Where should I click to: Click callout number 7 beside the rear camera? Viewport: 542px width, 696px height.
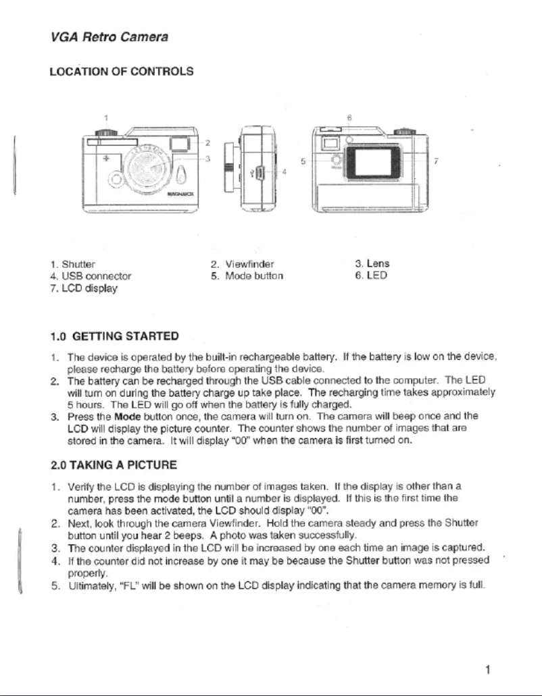click(437, 163)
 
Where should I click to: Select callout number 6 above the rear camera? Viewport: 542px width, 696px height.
click(349, 117)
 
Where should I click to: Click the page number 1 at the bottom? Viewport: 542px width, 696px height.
click(487, 670)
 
